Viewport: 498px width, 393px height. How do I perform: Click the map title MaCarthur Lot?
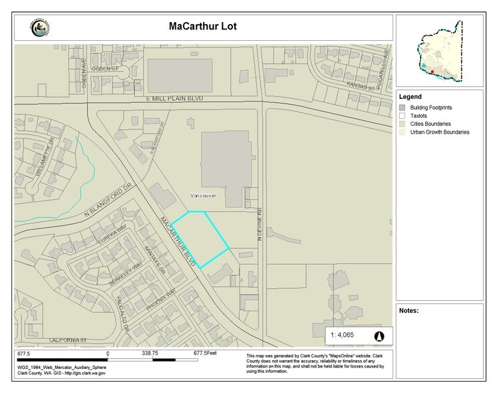tap(200, 28)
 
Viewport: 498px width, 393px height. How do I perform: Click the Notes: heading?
tap(409, 311)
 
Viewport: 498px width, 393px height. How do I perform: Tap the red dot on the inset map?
tap(432, 71)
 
